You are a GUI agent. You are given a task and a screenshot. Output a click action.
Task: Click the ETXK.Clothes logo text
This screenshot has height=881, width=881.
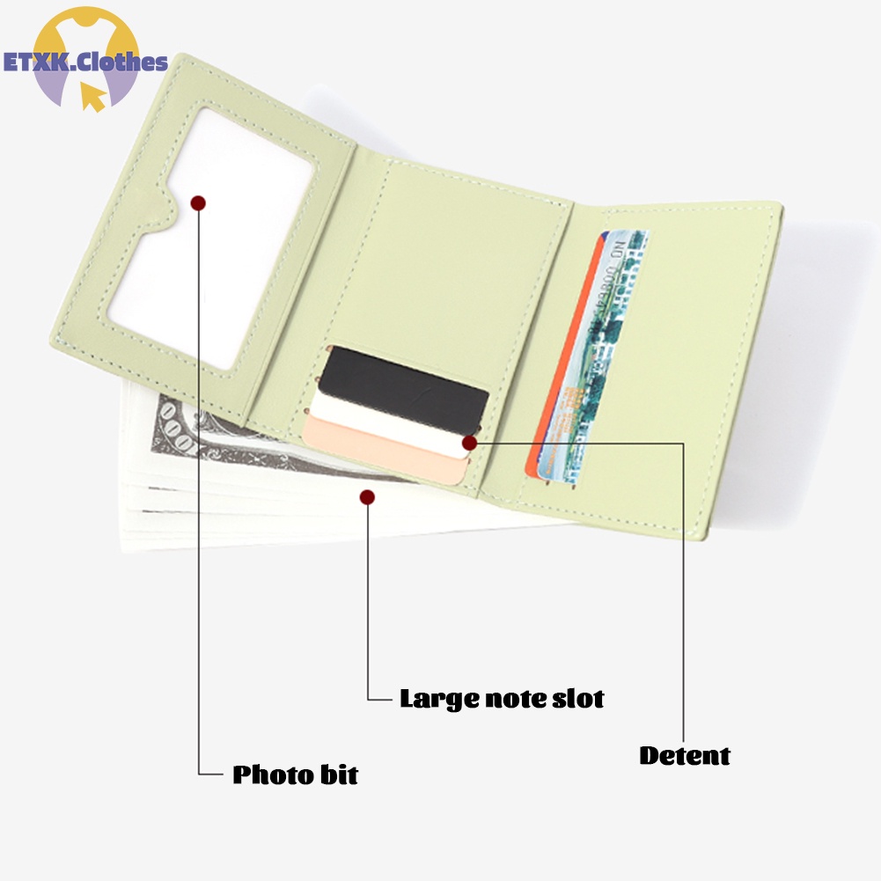pyautogui.click(x=85, y=62)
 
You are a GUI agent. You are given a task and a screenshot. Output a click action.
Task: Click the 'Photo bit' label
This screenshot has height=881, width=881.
pyautogui.click(x=295, y=775)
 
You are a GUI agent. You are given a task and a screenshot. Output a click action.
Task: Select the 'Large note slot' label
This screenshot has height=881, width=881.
pyautogui.click(x=502, y=699)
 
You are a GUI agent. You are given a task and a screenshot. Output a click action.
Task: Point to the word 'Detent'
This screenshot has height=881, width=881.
pyautogui.click(x=685, y=755)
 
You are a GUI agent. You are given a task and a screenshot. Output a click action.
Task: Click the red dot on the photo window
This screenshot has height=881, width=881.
pyautogui.click(x=198, y=203)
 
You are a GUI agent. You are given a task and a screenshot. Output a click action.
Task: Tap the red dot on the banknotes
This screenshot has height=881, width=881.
pyautogui.click(x=367, y=498)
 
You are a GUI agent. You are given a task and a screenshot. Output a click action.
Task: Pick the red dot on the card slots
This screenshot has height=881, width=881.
pyautogui.click(x=469, y=443)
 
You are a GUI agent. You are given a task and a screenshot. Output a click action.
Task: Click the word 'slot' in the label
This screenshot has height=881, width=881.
pyautogui.click(x=577, y=699)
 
